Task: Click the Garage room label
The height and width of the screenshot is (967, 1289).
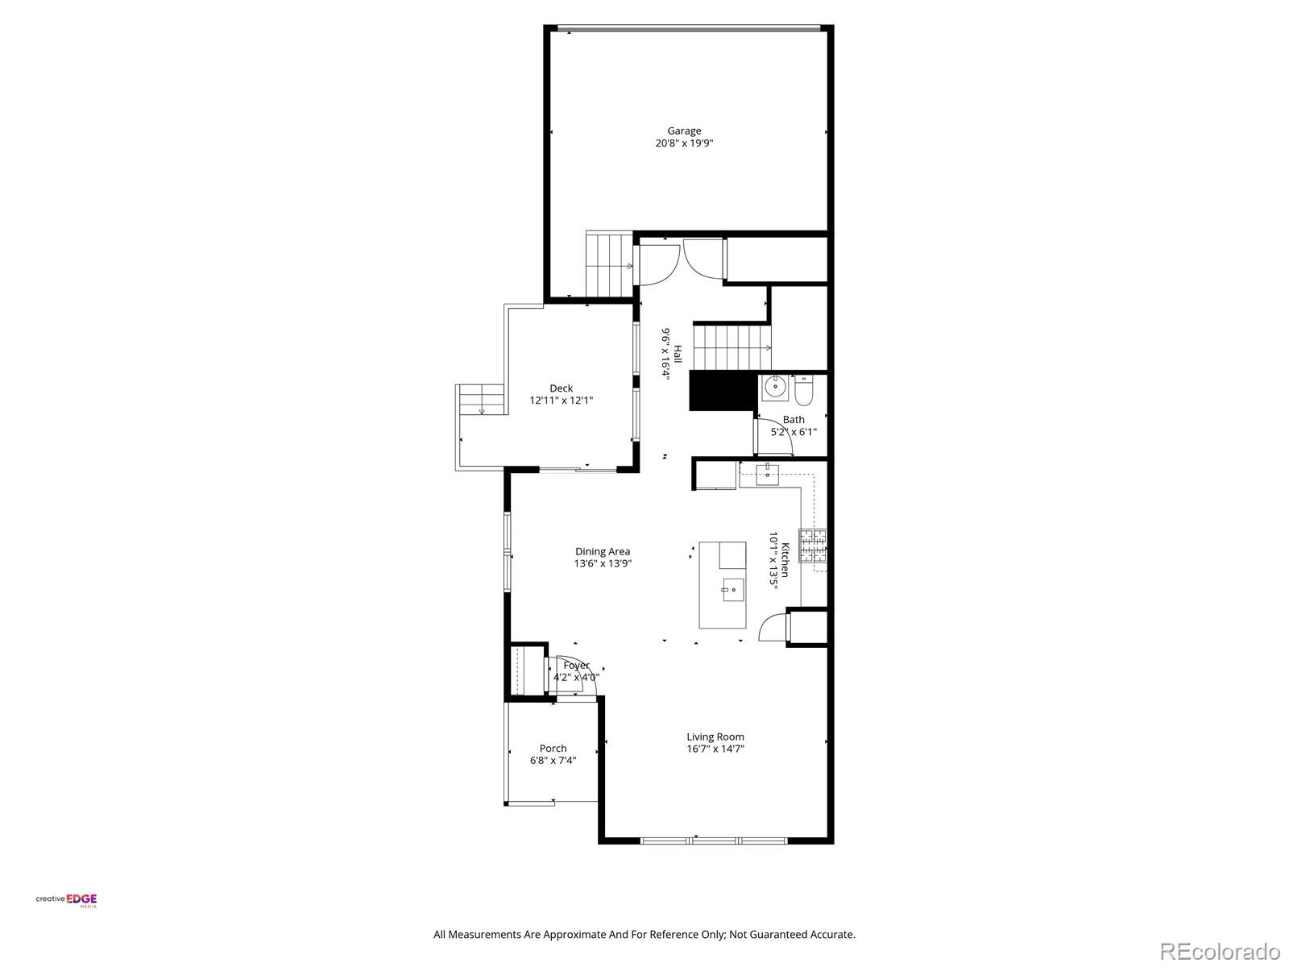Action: point(684,131)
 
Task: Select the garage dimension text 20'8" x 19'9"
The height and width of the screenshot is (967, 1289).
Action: point(684,143)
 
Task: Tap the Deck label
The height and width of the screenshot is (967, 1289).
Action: point(562,388)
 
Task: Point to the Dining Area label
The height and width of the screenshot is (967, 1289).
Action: point(603,552)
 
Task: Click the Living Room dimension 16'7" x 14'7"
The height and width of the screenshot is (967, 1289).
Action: point(715,749)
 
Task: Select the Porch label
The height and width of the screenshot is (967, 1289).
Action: point(553,749)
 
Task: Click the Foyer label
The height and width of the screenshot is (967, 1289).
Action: point(576,666)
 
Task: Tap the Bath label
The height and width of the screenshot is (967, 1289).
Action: point(794,419)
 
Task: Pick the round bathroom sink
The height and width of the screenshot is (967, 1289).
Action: point(775,388)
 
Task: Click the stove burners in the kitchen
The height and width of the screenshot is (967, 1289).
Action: point(812,546)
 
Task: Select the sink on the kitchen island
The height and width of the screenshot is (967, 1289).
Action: point(732,590)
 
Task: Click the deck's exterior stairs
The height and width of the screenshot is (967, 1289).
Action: point(480,400)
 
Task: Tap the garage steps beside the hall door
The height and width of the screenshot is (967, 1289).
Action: point(609,265)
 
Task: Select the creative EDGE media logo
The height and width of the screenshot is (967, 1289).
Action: point(67,900)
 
